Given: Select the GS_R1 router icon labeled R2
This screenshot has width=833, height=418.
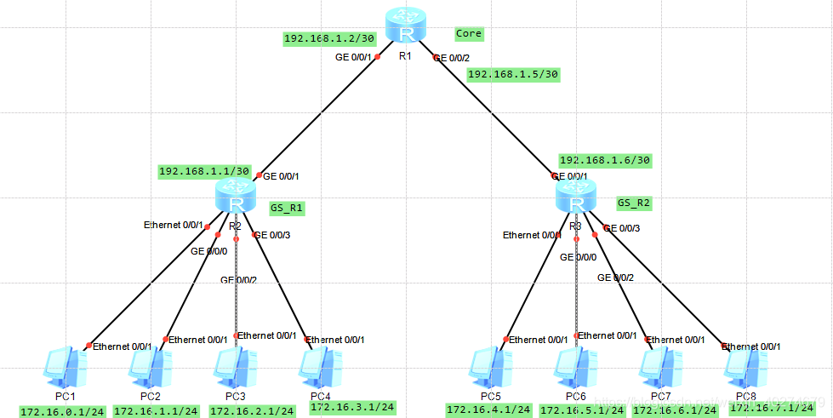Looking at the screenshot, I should [236, 197].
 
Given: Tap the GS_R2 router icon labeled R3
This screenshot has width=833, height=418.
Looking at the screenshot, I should [576, 197].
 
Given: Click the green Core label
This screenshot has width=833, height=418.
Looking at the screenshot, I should [469, 34].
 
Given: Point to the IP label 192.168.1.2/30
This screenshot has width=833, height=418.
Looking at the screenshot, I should [317, 38].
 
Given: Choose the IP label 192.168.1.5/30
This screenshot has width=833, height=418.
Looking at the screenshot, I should [513, 74].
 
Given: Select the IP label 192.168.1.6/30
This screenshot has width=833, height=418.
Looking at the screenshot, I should [605, 160].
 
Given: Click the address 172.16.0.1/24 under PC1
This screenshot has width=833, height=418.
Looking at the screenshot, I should [62, 411].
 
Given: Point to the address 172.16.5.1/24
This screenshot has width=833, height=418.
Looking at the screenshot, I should [581, 410].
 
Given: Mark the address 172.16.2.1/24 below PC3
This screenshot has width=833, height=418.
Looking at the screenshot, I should [252, 411].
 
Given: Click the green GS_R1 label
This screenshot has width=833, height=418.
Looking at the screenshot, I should [287, 207].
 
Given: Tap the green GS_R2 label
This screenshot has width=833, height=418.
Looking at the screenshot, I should [634, 203].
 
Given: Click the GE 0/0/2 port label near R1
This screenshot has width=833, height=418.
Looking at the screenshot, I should [452, 58].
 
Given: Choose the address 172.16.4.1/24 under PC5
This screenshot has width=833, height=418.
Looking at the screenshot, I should [488, 410].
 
